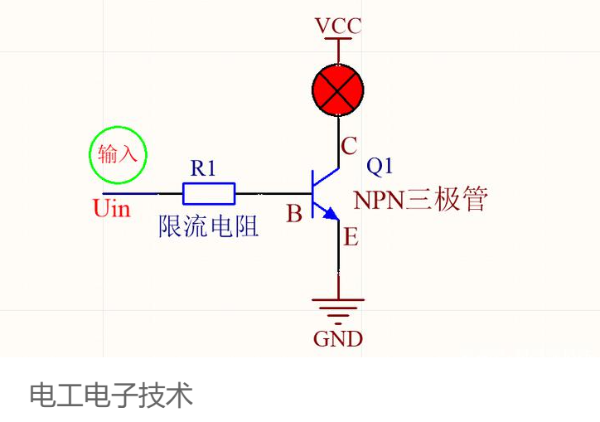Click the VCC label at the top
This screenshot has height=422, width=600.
(338, 26)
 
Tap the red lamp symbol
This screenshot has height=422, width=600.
(338, 90)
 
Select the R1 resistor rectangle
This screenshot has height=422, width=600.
(209, 194)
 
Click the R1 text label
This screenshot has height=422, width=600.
(203, 167)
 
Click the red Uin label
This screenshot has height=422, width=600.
(112, 209)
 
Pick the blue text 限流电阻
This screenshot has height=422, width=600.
(209, 226)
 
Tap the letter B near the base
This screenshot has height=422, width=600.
(294, 213)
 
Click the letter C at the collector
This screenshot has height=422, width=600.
(349, 146)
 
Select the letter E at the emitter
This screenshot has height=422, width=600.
(351, 236)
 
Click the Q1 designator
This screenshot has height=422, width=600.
(380, 166)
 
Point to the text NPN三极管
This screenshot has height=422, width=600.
(420, 199)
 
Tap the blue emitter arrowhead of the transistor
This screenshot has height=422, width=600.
(331, 213)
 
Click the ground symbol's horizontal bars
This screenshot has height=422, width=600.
(338, 311)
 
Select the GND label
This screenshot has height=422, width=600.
(338, 339)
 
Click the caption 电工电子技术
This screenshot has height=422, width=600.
(111, 395)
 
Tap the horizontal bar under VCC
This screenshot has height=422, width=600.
(338, 38)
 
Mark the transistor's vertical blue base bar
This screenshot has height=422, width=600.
(312, 194)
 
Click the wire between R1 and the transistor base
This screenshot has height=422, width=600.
(273, 194)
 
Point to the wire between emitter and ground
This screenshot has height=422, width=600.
(338, 259)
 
